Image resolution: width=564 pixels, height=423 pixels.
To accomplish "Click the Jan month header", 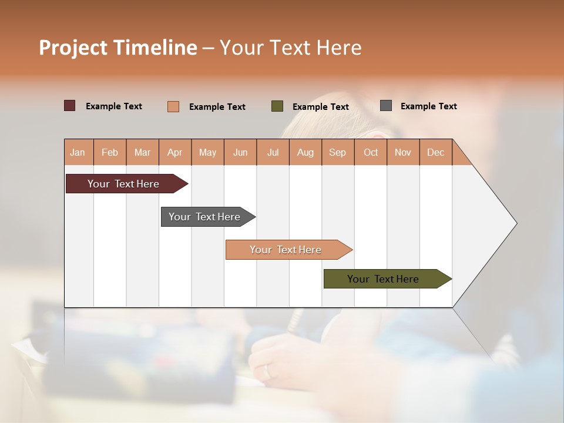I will click(78, 152).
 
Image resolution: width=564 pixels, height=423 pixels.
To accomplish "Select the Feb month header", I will click(110, 152).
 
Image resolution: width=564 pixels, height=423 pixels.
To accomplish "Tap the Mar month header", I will click(142, 152).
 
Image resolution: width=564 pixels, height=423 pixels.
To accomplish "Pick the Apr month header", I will click(174, 152).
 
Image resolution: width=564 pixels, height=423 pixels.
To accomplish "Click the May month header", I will click(207, 152).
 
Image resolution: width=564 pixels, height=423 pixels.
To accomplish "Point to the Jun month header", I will click(240, 152).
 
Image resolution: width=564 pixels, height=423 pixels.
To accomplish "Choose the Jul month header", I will click(273, 152).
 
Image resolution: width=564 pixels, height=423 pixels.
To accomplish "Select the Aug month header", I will click(305, 152).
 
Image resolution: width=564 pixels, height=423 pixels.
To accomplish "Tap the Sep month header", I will click(337, 152).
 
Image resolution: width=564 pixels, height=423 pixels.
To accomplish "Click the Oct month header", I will click(371, 152).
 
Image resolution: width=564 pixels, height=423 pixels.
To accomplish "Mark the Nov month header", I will click(403, 152).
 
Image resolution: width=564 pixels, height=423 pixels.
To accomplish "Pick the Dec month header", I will click(435, 152).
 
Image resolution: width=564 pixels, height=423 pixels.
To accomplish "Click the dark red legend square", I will click(70, 106).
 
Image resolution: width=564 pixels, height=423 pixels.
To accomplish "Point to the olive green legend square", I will click(277, 106).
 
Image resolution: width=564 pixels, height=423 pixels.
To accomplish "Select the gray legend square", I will click(386, 106).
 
